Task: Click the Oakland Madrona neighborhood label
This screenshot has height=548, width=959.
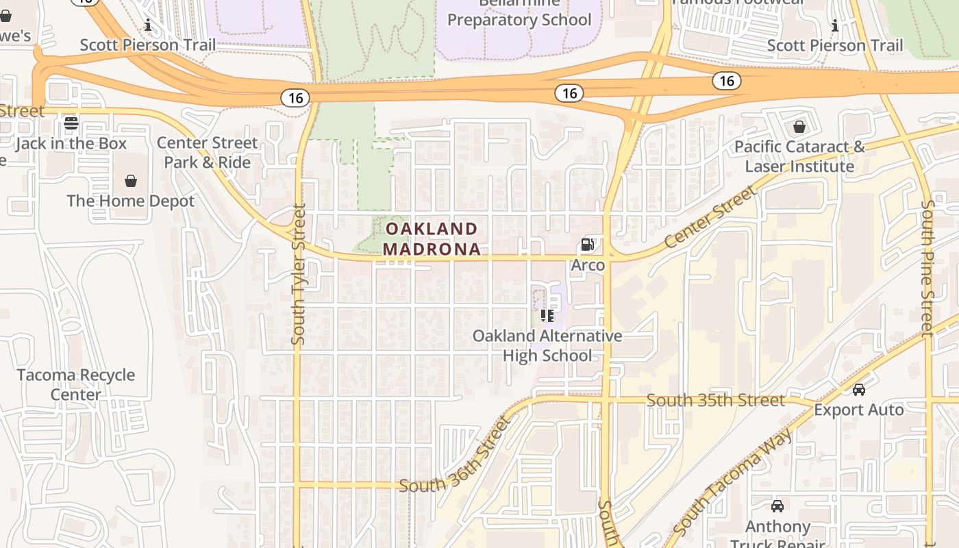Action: [x=432, y=238]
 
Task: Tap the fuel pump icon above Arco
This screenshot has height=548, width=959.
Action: [x=587, y=245]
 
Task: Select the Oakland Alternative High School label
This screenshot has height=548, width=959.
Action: [x=547, y=346]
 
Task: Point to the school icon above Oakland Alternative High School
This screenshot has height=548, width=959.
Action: [x=547, y=316]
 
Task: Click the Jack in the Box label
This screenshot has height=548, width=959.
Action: [x=71, y=144]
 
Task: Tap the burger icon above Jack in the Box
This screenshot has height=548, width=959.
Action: [x=71, y=124]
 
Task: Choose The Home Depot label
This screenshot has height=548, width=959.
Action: [x=131, y=201]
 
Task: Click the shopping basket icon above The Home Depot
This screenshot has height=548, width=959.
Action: [x=131, y=181]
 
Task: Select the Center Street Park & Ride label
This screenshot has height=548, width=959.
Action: [x=207, y=153]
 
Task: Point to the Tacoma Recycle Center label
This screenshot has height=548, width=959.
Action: [x=76, y=385]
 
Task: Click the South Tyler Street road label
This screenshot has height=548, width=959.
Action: [x=298, y=274]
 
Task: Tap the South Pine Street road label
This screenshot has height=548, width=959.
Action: [x=928, y=267]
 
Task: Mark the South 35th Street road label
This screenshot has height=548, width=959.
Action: [x=716, y=400]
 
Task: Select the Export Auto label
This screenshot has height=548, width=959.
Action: [x=859, y=410]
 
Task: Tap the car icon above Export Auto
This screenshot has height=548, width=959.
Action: [x=859, y=390]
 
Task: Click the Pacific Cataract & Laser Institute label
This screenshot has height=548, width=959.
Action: [x=799, y=157]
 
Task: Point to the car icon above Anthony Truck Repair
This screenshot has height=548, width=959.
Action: [x=777, y=506]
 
